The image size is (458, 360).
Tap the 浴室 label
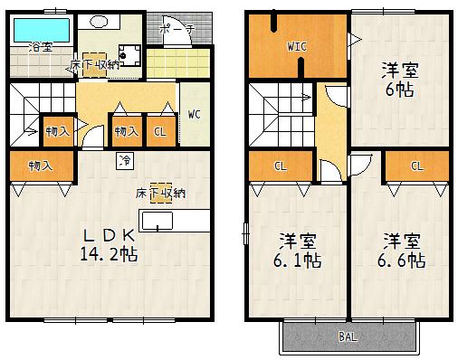click(40, 46)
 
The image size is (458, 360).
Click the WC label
click(195, 116)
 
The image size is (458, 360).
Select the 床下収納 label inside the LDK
click(162, 192)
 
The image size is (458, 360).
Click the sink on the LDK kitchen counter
click(164, 220)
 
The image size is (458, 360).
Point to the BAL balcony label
click(348, 338)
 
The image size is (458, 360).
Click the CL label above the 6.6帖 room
click(416, 166)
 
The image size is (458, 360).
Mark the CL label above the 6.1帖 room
click(281, 166)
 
